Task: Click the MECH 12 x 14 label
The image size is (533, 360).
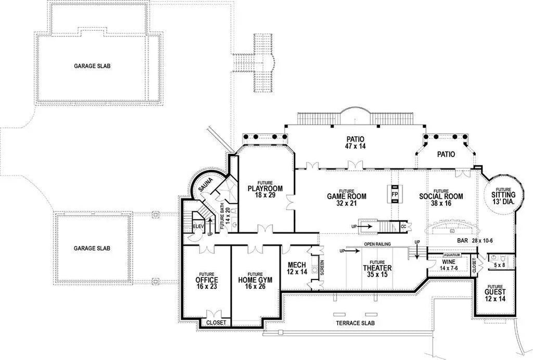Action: [x=297, y=268]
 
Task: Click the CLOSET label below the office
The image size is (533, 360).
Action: [x=216, y=323]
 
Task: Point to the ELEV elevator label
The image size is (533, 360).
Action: [x=198, y=226]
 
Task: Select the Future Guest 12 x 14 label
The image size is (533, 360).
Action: [x=496, y=293]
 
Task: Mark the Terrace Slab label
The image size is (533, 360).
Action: [x=356, y=323]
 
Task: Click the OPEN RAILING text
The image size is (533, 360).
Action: [x=377, y=244]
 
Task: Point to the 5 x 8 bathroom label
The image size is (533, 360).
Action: [x=499, y=265]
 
